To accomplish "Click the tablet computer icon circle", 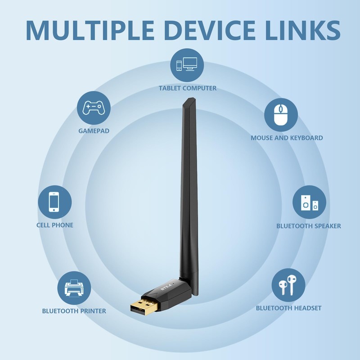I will (x=187, y=64).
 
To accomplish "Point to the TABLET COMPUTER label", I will (x=187, y=88).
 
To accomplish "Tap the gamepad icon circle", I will (x=94, y=108).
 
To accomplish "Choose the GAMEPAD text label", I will (x=94, y=131).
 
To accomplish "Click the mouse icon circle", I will (x=281, y=115).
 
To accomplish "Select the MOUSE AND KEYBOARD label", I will (x=287, y=138).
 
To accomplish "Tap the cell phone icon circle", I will (x=54, y=201).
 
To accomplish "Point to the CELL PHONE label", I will (x=54, y=225).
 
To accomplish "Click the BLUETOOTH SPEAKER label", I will (x=309, y=226).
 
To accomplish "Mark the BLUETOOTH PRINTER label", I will (x=74, y=311).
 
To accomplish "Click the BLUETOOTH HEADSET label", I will (x=288, y=308).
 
